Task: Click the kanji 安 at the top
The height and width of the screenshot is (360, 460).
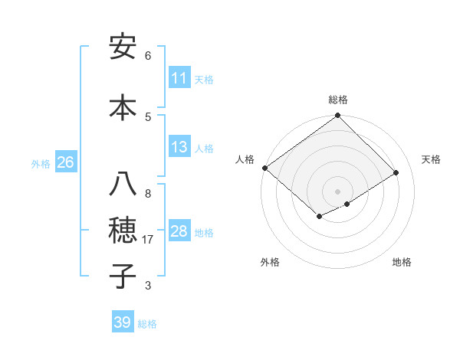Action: pos(123,47)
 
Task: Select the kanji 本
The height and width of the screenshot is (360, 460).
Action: pos(123,107)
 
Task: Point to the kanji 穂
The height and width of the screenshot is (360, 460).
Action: pos(123,231)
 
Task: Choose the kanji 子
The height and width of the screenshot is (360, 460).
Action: pos(123,277)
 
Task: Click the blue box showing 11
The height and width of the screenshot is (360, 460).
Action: pos(179,78)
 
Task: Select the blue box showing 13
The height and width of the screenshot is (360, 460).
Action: pos(179,148)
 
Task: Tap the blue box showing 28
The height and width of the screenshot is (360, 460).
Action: pos(179,231)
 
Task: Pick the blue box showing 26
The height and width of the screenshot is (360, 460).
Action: pos(65,162)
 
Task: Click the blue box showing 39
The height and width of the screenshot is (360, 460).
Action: pos(123,322)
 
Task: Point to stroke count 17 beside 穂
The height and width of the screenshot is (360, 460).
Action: pos(149,240)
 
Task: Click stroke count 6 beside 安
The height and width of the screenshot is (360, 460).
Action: pos(148,56)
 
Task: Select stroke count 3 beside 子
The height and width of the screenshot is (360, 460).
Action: pos(148,286)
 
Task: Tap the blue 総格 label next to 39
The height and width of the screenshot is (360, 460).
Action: pos(147,324)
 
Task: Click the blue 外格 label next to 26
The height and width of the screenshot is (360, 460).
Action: pos(41,163)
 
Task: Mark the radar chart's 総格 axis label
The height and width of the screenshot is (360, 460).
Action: pos(338,100)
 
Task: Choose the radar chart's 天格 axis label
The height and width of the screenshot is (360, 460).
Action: pos(431,159)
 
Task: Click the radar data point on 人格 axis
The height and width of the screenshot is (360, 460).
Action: pos(264,168)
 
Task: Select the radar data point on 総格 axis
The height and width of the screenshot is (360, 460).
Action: pos(338,116)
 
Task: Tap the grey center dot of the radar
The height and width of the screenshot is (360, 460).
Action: pos(337,191)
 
